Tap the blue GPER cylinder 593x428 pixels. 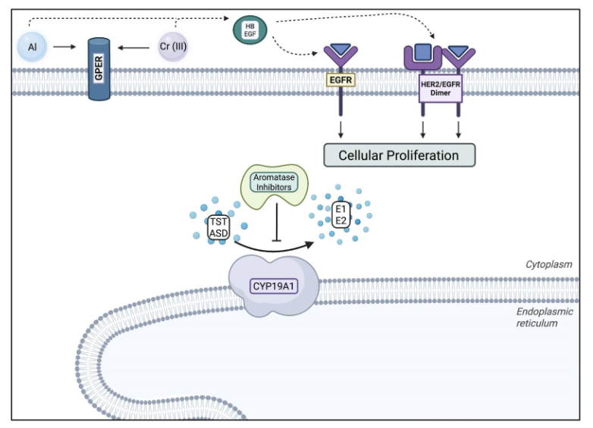tap(100, 70)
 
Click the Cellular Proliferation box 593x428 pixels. tap(398, 155)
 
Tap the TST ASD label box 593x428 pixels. tap(219, 226)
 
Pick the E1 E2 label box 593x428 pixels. tap(340, 214)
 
